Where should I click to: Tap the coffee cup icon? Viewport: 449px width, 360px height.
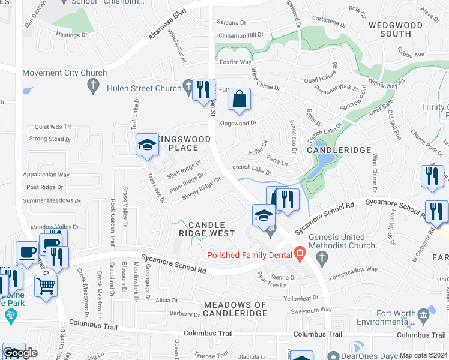tap(26, 252)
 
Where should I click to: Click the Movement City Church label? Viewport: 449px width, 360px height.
tap(65, 73)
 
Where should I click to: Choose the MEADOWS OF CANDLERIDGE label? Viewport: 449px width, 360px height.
tap(235, 309)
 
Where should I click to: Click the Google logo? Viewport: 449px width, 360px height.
tap(20, 353)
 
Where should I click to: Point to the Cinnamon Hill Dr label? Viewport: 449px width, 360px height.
tap(240, 35)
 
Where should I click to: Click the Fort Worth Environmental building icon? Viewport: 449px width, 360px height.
tap(424, 313)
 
